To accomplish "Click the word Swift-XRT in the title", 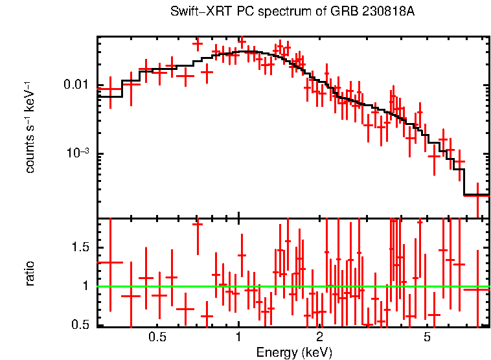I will (x=195, y=12).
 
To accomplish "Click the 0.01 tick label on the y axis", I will (x=76, y=85).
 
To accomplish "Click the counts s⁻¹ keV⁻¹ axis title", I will (x=30, y=127).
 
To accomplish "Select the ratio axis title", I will (x=30, y=273).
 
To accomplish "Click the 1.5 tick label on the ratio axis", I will (x=81, y=248).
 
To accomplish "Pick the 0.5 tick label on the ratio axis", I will (x=81, y=324).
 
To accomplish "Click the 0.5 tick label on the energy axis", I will (x=157, y=337).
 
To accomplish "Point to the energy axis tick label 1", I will (x=238, y=337).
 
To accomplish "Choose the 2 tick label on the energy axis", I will (x=319, y=337).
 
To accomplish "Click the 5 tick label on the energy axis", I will (x=427, y=337).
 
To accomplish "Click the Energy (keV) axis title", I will (x=294, y=353).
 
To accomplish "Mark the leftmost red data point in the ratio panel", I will (x=109, y=262).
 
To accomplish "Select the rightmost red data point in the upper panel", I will (x=477, y=195).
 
